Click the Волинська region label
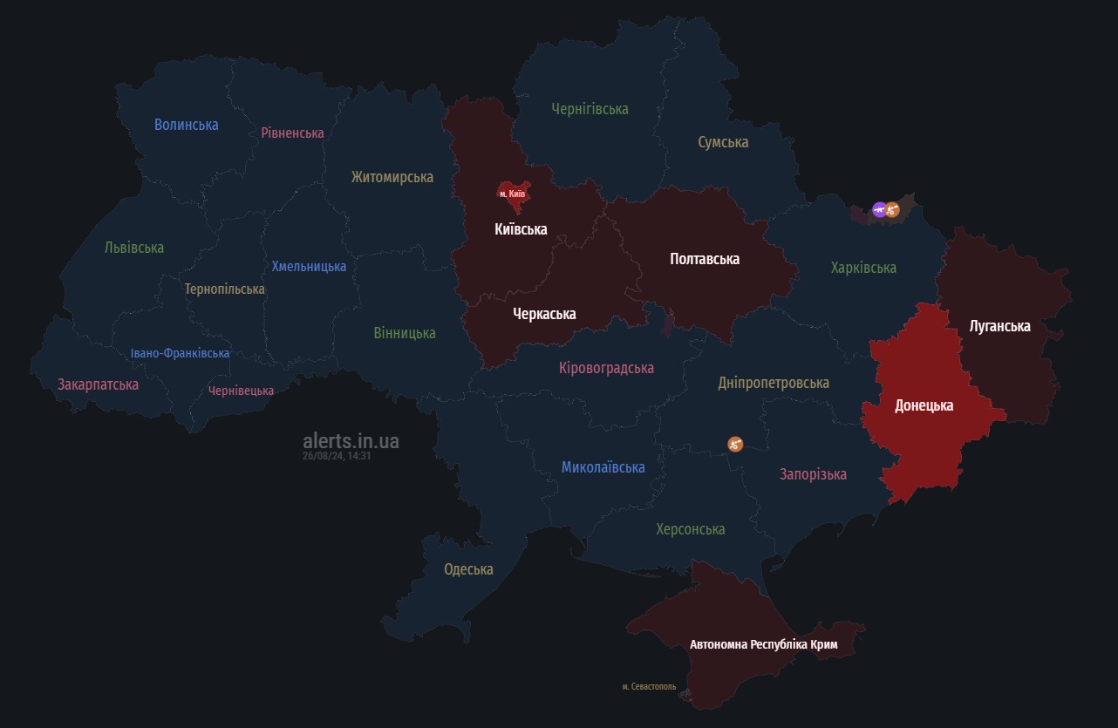(x=186, y=125)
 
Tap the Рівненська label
(x=292, y=133)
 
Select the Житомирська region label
(x=392, y=177)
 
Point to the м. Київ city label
(x=512, y=193)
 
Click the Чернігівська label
(x=590, y=109)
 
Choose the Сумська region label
(x=723, y=142)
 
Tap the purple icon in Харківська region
(x=879, y=209)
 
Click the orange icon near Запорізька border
(x=735, y=444)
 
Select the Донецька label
(x=924, y=405)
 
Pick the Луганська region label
(x=999, y=326)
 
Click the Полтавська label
(x=705, y=259)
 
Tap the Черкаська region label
(x=544, y=314)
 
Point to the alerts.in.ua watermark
(x=351, y=441)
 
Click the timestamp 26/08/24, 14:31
(x=337, y=456)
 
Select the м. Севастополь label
(x=649, y=687)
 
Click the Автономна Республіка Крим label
(x=763, y=645)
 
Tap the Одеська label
(x=468, y=569)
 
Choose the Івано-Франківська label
(x=180, y=353)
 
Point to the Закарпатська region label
(x=98, y=384)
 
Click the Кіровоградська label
(x=606, y=368)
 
